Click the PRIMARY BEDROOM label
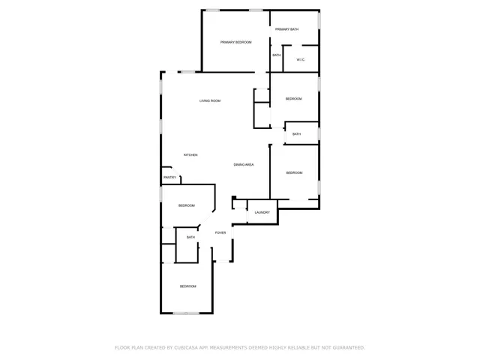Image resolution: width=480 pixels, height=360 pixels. (235, 43)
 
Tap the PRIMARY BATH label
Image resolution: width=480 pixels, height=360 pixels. (286, 29)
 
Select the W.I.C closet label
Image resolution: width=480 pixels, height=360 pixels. (300, 60)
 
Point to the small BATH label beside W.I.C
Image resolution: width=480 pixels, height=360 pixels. (277, 55)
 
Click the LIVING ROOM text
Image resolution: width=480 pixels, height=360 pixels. (209, 100)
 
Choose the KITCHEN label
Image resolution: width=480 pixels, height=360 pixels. (190, 155)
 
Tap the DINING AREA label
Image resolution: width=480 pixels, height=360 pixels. (243, 164)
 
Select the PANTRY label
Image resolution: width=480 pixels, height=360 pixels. (170, 178)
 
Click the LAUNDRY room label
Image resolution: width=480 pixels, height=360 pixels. (262, 212)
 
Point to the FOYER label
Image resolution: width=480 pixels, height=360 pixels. (220, 232)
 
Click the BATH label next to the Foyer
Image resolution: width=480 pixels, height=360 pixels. (190, 238)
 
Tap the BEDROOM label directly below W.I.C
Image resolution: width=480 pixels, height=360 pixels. (293, 99)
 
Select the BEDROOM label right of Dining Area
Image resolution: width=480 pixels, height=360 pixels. (294, 173)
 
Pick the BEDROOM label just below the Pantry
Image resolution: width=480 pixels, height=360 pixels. (186, 205)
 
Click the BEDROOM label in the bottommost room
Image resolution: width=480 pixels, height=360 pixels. (187, 286)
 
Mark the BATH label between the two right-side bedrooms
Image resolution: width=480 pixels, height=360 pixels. (296, 134)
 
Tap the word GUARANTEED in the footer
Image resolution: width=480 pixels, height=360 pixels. (348, 348)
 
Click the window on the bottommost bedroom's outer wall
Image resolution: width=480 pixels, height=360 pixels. (185, 313)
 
